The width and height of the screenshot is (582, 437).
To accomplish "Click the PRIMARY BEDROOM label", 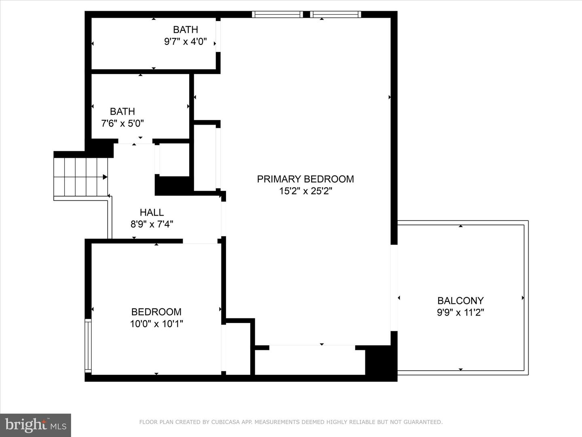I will click(x=305, y=179).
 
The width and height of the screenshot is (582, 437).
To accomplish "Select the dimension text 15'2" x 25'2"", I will click(x=305, y=191).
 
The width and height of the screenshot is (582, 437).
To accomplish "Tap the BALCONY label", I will click(x=460, y=301).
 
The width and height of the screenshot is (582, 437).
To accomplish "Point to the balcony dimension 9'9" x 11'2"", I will click(x=460, y=312).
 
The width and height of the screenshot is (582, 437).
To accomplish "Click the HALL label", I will click(x=152, y=212).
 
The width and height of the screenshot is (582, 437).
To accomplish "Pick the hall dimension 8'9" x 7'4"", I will click(x=152, y=224).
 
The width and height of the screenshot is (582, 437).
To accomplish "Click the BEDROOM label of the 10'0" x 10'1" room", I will click(x=156, y=312).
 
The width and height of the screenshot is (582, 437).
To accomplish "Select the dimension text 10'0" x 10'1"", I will click(x=156, y=324).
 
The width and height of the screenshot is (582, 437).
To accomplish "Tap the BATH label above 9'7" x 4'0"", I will click(x=186, y=30).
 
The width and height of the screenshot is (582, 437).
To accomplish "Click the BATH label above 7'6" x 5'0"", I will click(x=122, y=111).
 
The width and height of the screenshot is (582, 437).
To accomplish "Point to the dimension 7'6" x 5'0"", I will click(x=122, y=123).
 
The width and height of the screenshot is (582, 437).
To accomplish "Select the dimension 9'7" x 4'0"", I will click(x=186, y=41).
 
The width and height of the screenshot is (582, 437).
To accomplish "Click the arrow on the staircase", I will click(x=104, y=177).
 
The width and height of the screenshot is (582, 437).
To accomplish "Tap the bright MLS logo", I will click(x=36, y=425).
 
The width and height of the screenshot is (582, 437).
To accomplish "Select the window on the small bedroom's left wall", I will click(x=88, y=346).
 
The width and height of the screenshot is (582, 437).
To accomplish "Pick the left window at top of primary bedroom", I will click(x=277, y=15).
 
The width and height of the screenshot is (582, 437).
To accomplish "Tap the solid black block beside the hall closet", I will click(x=173, y=185).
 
